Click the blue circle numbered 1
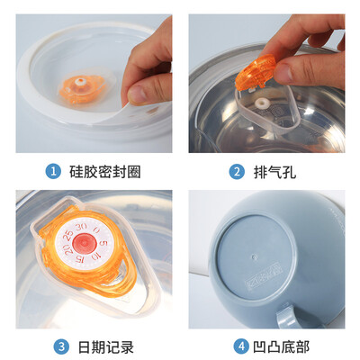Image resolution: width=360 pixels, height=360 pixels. click(x=53, y=172)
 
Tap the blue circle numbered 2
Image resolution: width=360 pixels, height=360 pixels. click(x=237, y=172)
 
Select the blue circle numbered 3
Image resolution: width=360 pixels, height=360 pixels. click(x=61, y=346)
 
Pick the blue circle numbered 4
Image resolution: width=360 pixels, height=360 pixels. click(x=241, y=346)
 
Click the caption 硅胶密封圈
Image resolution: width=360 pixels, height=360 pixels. click(x=105, y=172)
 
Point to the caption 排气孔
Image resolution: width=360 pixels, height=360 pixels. click(x=275, y=172)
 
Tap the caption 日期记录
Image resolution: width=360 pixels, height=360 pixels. click(x=106, y=347)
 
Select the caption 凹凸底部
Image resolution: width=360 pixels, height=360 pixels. click(x=281, y=347)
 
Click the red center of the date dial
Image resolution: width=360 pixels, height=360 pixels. click(x=84, y=242)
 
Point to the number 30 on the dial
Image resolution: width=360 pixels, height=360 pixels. click(x=82, y=227)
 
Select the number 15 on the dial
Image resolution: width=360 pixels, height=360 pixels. click(x=79, y=259)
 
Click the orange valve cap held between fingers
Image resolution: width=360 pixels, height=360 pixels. click(x=256, y=72)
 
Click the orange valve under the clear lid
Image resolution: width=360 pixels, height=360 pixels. click(x=82, y=88)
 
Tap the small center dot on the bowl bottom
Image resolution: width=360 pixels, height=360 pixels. click(x=255, y=256)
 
